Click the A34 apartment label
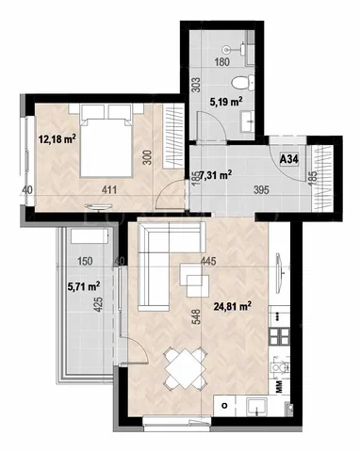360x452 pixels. [x=288, y=159]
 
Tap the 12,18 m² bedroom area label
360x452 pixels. [x=57, y=138]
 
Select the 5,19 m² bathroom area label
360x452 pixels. [x=226, y=102]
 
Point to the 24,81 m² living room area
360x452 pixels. [x=233, y=306]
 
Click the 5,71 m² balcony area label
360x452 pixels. [x=84, y=286]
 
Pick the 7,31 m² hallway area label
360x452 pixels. [x=216, y=175]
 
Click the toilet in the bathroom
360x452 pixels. [x=242, y=83]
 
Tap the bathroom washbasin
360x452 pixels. [x=248, y=121]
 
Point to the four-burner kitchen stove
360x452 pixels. [x=280, y=336]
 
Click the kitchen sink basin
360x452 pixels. [x=256, y=406]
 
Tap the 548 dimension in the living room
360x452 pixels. [x=196, y=317]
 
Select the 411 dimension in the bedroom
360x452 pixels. [x=108, y=189]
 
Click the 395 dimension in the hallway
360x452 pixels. [x=261, y=189]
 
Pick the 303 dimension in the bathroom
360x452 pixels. [x=196, y=85]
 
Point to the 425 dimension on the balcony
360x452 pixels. [x=98, y=304]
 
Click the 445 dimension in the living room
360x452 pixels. [x=208, y=261]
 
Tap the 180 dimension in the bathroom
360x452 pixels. [x=221, y=62]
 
